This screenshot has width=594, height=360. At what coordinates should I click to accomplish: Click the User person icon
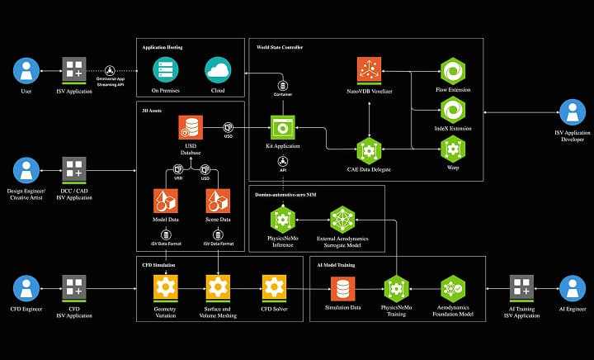click(26, 70)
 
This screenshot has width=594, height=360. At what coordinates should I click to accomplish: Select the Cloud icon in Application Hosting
click(218, 69)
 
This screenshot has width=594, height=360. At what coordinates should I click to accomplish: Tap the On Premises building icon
click(166, 69)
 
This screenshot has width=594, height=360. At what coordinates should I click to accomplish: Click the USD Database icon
click(191, 127)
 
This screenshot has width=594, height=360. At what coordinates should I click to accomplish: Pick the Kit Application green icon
click(283, 127)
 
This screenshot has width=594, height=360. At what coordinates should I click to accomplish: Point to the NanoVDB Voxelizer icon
click(369, 69)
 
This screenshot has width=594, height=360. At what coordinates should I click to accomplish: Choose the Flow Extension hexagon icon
click(452, 69)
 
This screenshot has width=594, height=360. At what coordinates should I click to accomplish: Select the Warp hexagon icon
click(452, 149)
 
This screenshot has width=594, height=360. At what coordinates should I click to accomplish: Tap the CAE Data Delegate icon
click(369, 149)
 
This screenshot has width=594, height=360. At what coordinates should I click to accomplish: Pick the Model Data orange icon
click(166, 201)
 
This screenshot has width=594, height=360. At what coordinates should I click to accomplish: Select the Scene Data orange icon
click(218, 201)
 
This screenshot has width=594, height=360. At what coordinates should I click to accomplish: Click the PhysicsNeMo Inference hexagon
click(283, 220)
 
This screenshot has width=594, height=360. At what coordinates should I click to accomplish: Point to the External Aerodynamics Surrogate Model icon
click(342, 220)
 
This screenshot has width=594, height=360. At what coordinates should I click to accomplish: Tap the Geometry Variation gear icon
click(166, 287)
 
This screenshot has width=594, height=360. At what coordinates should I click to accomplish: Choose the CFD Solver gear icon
click(274, 287)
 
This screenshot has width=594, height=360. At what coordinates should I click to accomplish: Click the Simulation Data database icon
click(342, 287)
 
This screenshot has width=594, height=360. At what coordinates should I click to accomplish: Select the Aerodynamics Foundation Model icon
click(452, 287)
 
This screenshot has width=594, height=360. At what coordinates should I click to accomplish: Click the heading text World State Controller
click(280, 48)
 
